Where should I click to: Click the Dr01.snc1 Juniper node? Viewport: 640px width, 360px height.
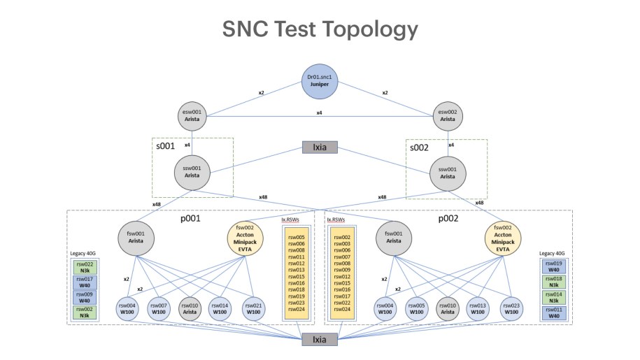pos(320,81)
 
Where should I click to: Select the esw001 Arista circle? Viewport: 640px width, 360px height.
pos(192,116)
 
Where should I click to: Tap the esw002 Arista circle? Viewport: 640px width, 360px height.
pos(448,116)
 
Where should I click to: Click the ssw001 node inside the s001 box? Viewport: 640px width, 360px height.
pos(192,173)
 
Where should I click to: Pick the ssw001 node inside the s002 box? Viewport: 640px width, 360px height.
pos(448,173)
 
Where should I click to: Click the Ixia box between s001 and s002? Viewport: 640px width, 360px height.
pos(320,147)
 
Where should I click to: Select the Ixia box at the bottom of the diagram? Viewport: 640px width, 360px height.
pos(320,339)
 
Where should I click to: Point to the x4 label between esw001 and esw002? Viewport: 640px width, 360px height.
pos(319,113)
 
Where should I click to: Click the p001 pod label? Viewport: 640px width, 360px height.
pos(191,219)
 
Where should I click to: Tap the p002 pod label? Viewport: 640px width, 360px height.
pos(448,219)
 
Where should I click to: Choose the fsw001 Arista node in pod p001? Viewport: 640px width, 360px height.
pos(136,238)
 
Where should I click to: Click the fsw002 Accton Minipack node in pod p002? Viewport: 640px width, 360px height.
pos(503,238)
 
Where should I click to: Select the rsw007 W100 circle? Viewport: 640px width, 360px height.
pos(159,309)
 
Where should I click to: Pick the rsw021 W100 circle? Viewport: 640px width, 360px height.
pos(253,309)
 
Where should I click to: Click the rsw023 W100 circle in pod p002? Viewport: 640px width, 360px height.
pos(511,309)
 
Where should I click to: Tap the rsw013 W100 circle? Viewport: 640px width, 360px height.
pos(478,309)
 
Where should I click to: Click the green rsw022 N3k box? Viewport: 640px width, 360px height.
pos(85,268)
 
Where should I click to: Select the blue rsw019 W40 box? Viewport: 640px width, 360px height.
pos(554,266)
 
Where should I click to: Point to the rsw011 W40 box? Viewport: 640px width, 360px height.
pos(554,312)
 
